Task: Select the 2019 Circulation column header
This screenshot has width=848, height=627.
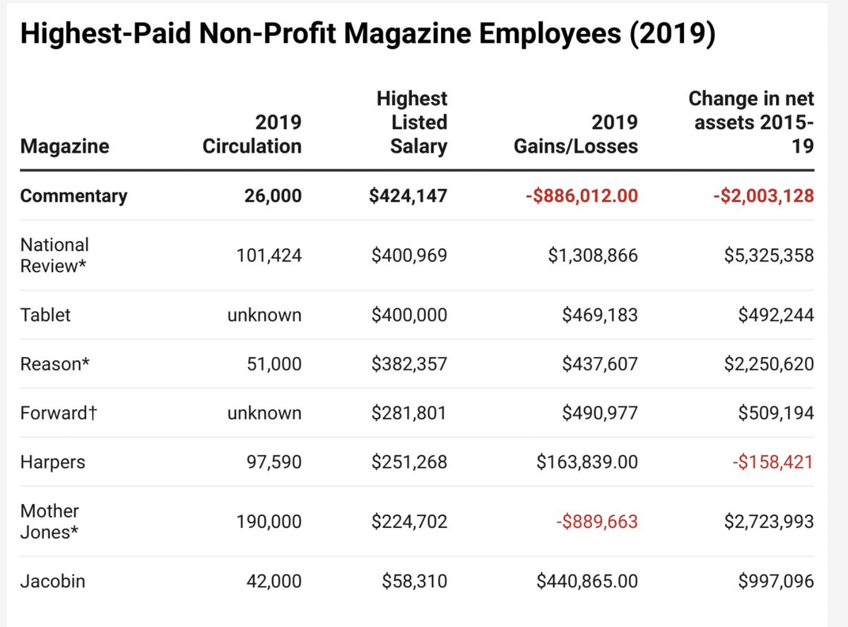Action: (x=252, y=134)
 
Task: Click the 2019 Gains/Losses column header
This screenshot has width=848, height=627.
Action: (x=575, y=134)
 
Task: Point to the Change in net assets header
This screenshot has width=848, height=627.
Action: (x=750, y=122)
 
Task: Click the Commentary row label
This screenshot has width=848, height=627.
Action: (x=73, y=196)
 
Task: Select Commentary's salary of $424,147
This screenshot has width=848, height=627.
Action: (x=408, y=196)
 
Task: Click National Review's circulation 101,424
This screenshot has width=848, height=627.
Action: (x=269, y=255)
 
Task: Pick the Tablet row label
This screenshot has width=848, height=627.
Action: (x=45, y=315)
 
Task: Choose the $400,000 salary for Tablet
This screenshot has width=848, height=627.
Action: (x=409, y=315)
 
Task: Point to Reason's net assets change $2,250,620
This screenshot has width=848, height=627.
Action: (x=769, y=364)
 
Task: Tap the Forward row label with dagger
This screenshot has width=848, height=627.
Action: (x=58, y=413)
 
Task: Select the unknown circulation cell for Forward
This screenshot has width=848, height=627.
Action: (x=264, y=413)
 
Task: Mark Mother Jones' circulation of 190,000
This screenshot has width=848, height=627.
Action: (x=269, y=522)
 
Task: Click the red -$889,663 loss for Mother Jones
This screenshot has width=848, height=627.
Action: (x=596, y=522)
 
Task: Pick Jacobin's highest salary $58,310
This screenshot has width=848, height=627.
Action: (x=414, y=581)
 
